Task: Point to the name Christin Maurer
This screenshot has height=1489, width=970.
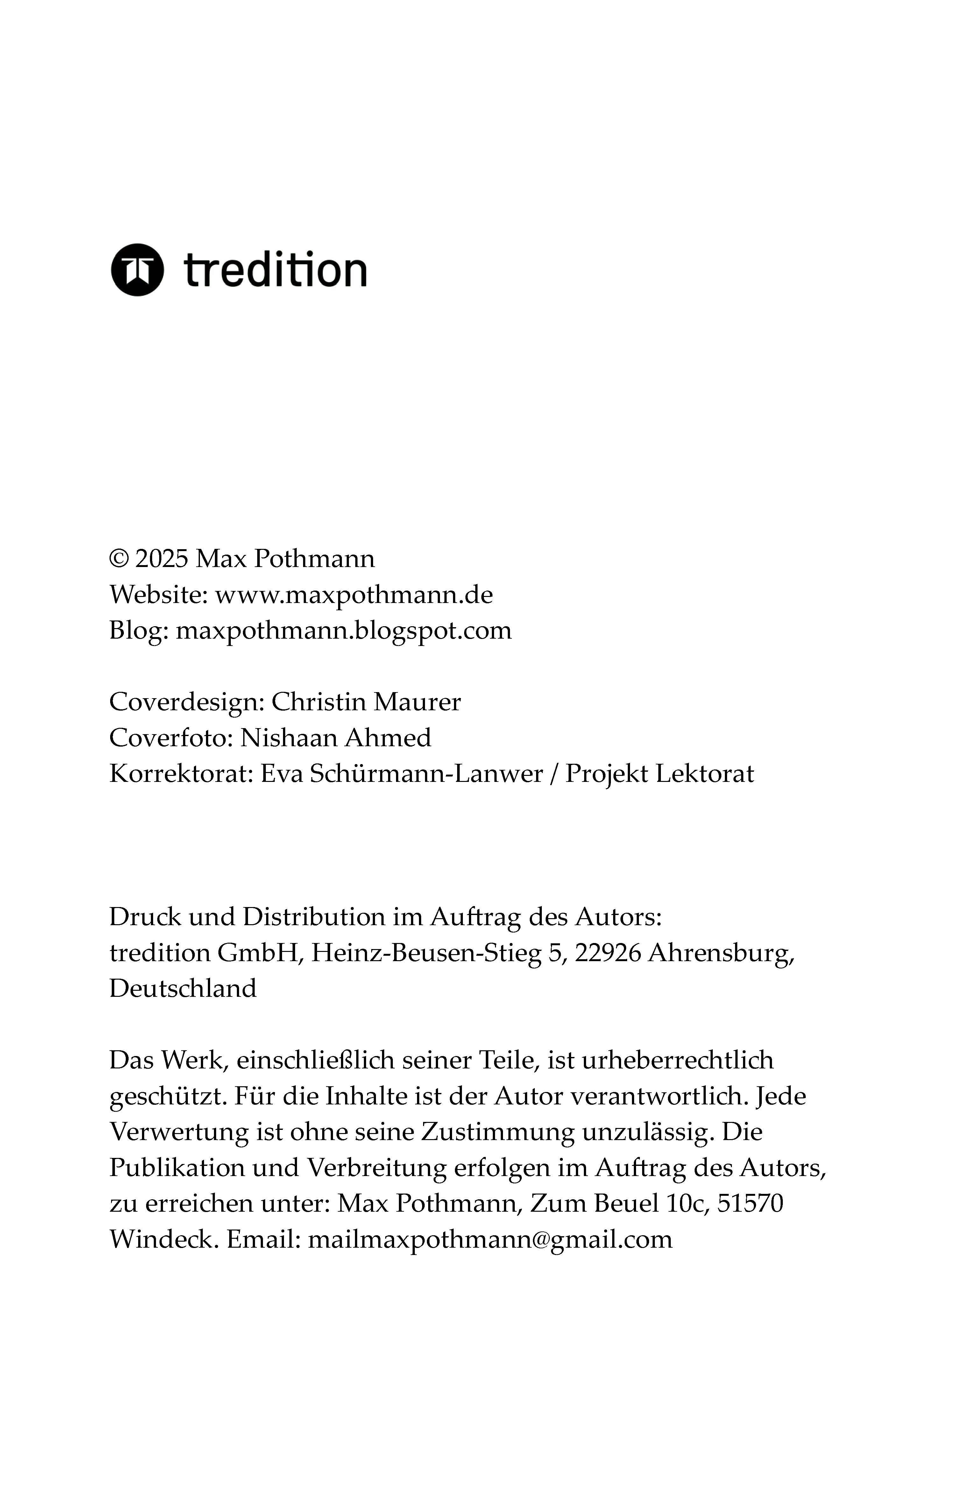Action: [x=366, y=702]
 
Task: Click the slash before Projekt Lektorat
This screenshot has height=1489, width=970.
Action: [x=553, y=774]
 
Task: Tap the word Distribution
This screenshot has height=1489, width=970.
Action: [x=314, y=917]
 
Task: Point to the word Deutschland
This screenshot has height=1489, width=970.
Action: [x=183, y=989]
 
